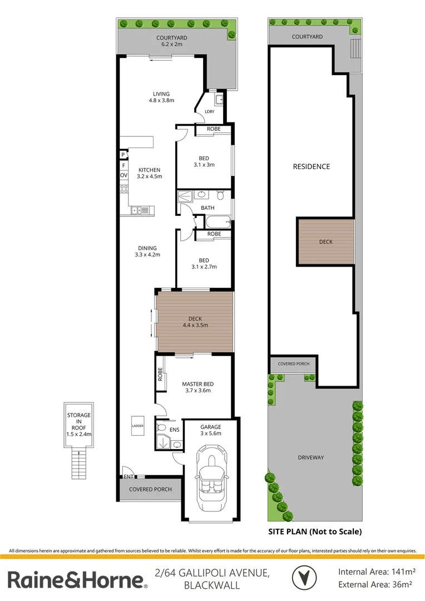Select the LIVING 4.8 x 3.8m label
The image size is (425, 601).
161,97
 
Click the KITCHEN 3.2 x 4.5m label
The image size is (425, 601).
149,173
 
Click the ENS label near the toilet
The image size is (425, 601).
174,430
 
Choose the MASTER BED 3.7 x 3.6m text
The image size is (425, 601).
197,387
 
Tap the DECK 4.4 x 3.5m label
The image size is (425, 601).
195,322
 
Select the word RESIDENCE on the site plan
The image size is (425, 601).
312,166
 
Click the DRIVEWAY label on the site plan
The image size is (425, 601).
310,457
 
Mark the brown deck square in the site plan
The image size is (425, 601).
325,242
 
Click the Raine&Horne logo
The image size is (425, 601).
77,580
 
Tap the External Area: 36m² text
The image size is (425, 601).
375,584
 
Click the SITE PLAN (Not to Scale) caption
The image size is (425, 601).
315,531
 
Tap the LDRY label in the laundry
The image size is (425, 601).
209,111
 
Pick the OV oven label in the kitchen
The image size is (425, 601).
123,175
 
